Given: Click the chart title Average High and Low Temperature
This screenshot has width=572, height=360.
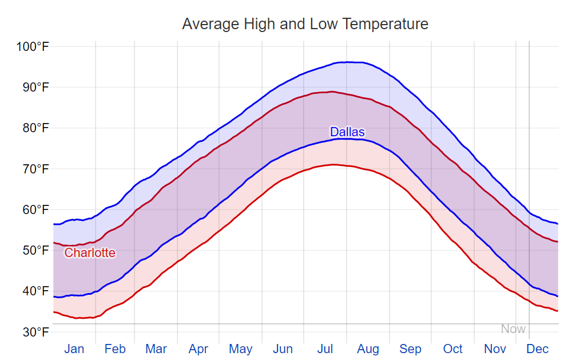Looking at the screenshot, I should (x=305, y=24).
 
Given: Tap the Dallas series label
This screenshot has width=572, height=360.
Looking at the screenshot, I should (x=347, y=132).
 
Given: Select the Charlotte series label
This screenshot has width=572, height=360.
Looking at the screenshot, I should (x=90, y=253).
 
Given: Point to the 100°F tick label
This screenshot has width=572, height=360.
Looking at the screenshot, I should (x=32, y=46).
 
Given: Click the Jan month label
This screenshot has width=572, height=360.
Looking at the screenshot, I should (x=74, y=349).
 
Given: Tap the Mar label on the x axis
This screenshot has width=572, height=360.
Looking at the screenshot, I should (x=156, y=349).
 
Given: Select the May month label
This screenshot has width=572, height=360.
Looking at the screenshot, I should (x=241, y=349).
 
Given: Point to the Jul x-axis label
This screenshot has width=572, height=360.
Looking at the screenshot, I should (x=325, y=349).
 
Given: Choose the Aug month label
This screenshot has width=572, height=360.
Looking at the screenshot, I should (x=368, y=349).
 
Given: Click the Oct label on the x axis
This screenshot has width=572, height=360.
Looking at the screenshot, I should (x=453, y=349).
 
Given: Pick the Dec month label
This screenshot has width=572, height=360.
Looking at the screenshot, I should (x=538, y=349).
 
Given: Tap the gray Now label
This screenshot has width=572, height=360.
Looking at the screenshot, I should (x=513, y=329).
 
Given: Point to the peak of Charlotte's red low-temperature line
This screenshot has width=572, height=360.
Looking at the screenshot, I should (x=332, y=164).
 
